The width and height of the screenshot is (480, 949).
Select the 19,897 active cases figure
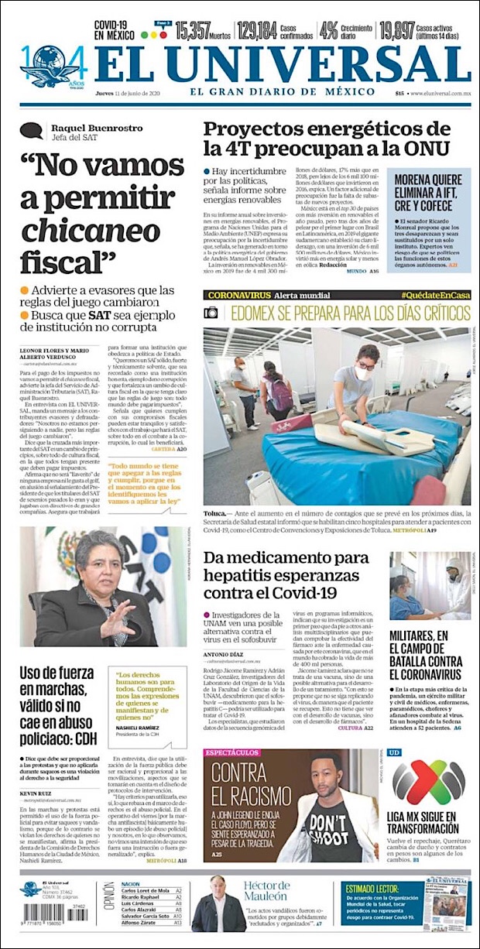(397, 31)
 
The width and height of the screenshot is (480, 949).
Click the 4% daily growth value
(328, 31)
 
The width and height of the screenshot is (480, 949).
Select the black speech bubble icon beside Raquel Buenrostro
(32, 131)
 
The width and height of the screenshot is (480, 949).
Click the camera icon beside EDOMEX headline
(211, 313)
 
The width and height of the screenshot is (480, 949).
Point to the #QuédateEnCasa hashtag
(435, 296)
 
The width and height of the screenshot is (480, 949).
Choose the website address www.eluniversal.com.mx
(441, 94)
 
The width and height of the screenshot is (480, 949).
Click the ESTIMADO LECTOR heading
(376, 889)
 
